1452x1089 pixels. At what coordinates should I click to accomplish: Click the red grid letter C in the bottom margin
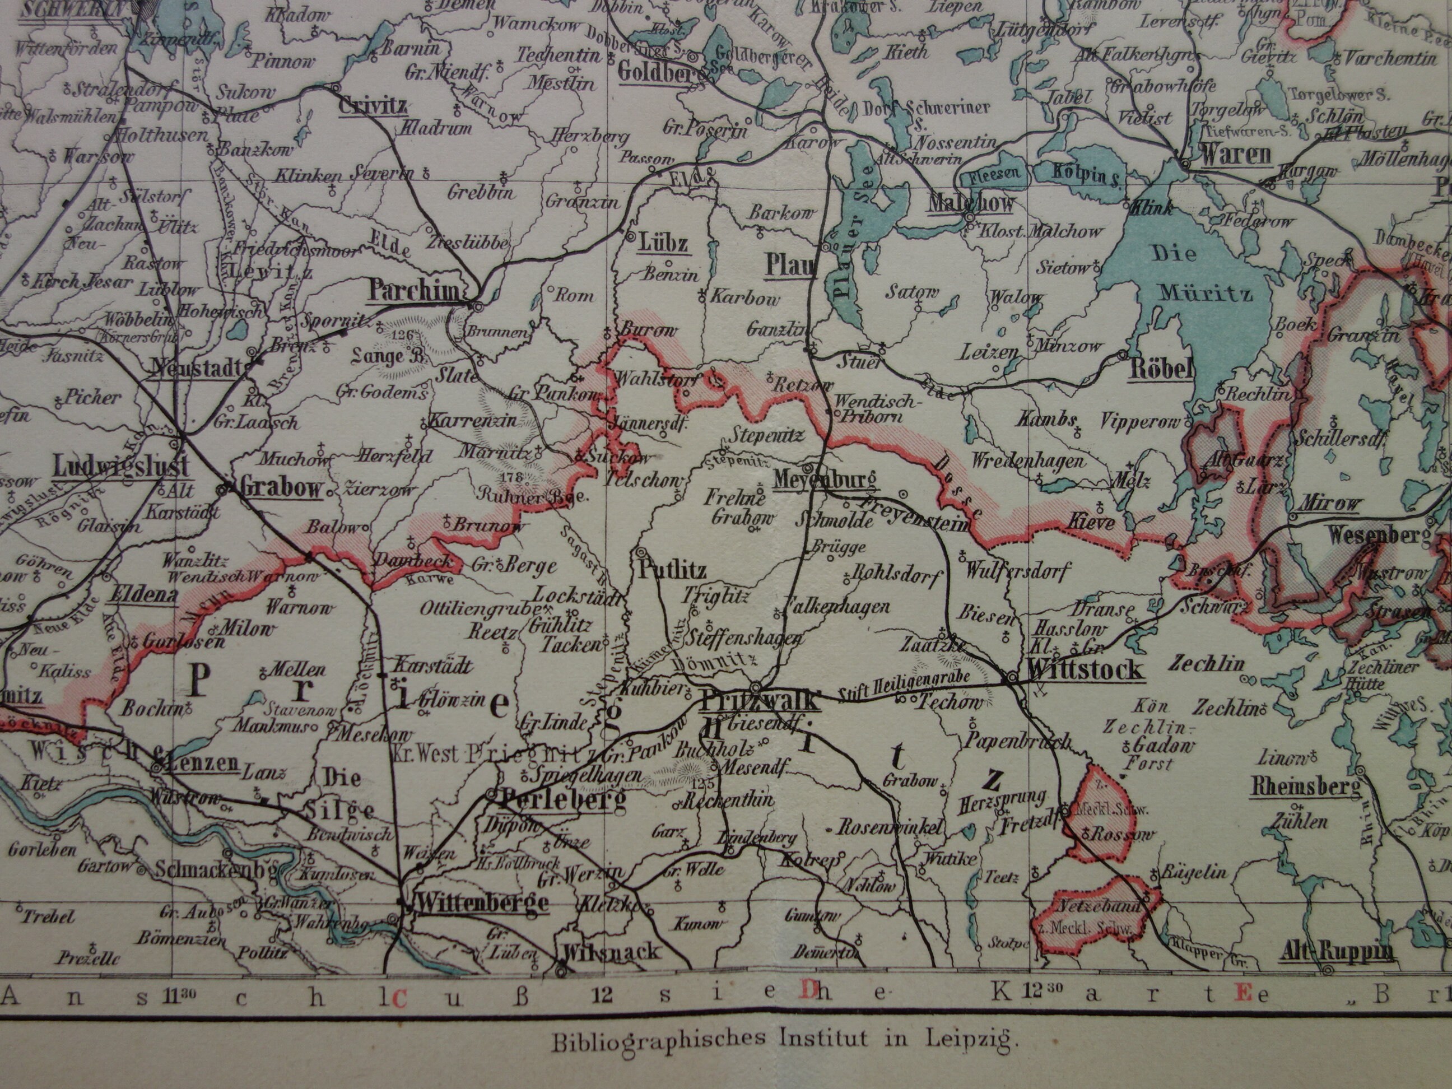click(x=398, y=998)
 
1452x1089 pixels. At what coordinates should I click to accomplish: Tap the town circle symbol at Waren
click(x=1185, y=161)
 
